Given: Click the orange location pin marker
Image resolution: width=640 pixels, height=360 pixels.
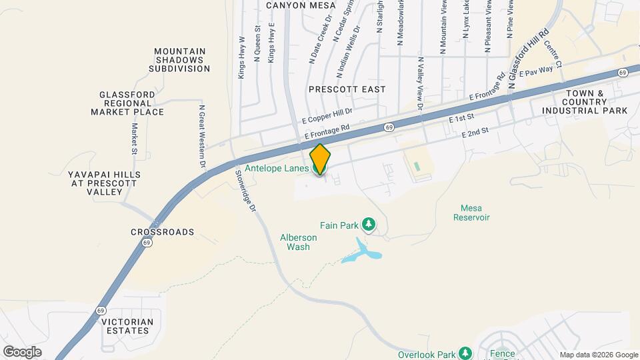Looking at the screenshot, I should pyautogui.click(x=320, y=159).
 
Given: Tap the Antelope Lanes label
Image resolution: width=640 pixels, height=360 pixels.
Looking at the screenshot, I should pyautogui.click(x=276, y=169).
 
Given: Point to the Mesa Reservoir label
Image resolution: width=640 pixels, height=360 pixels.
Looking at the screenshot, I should pyautogui.click(x=471, y=212).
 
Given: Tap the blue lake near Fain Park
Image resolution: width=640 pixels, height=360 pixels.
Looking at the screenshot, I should pyautogui.click(x=363, y=251).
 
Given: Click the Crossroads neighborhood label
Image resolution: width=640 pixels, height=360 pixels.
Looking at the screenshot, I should pyautogui.click(x=162, y=232).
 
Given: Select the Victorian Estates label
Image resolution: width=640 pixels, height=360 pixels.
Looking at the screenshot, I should pyautogui.click(x=127, y=326).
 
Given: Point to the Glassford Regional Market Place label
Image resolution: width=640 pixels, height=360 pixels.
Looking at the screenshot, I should pyautogui.click(x=127, y=103).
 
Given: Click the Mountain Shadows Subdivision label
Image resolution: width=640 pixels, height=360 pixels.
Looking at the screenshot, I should pyautogui.click(x=179, y=59).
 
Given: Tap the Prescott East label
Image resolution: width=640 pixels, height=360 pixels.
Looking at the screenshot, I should pyautogui.click(x=347, y=89).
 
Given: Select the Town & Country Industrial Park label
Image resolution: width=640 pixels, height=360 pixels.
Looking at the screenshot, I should pyautogui.click(x=585, y=101).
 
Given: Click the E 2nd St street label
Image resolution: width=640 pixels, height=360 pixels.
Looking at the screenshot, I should pyautogui.click(x=475, y=133).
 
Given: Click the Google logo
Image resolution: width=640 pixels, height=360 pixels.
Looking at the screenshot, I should pyautogui.click(x=22, y=351).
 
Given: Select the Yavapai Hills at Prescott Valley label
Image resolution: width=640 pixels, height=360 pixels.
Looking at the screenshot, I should pyautogui.click(x=105, y=183).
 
